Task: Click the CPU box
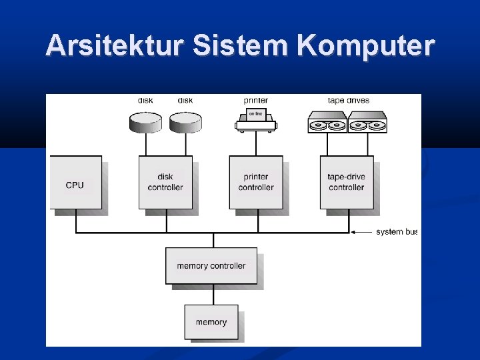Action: [x=76, y=183]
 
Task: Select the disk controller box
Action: [x=165, y=183]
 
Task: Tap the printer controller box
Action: [x=256, y=183]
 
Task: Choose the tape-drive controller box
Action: [x=347, y=183]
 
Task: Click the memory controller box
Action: [x=211, y=266]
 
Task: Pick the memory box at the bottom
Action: [x=211, y=322]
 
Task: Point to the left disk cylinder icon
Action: [x=145, y=121]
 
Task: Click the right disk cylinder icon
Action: [x=185, y=121]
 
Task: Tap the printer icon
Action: [x=256, y=121]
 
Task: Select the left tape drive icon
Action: [x=327, y=123]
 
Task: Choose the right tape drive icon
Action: [x=367, y=123]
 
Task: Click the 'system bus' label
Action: [x=397, y=232]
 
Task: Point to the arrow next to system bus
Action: [x=361, y=232]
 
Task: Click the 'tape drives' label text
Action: [x=348, y=101]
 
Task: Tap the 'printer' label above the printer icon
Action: [x=256, y=101]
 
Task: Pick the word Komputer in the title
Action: [x=367, y=46]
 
